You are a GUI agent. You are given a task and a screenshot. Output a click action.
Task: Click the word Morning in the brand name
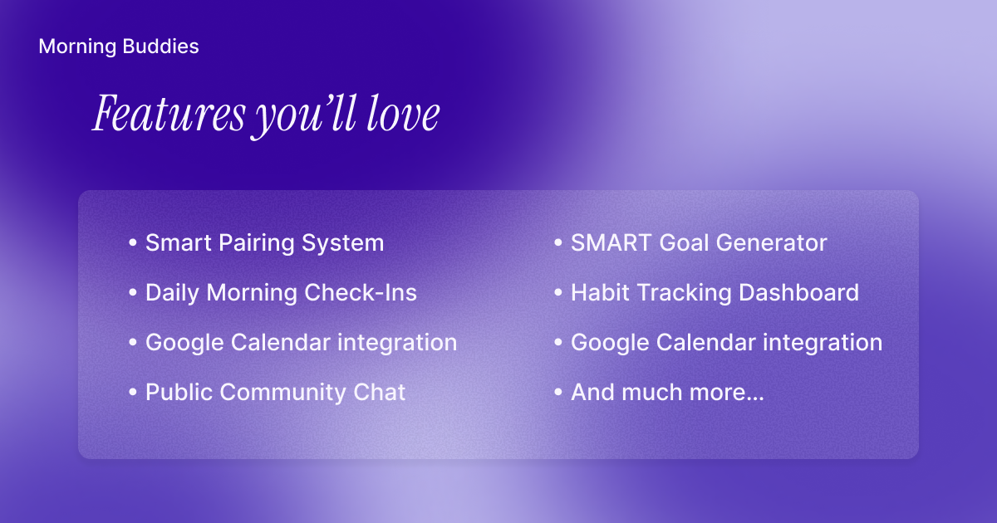(77, 47)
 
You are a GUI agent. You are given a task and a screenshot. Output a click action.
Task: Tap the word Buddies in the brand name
(160, 46)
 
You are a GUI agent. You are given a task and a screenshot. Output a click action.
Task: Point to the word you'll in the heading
(306, 116)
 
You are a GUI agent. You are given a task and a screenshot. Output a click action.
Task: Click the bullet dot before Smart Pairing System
(133, 242)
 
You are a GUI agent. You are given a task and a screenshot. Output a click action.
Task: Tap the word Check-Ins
(361, 292)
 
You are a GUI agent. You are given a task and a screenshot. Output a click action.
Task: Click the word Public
(179, 392)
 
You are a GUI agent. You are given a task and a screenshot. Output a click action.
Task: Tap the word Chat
(379, 392)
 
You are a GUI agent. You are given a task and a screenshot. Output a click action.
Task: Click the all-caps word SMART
(611, 242)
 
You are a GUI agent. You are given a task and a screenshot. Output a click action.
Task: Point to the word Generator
(771, 242)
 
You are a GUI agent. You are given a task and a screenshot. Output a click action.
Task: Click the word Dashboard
(799, 292)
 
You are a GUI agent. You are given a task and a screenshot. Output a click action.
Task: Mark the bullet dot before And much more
(558, 392)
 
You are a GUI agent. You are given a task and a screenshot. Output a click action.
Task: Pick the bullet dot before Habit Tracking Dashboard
(558, 292)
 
